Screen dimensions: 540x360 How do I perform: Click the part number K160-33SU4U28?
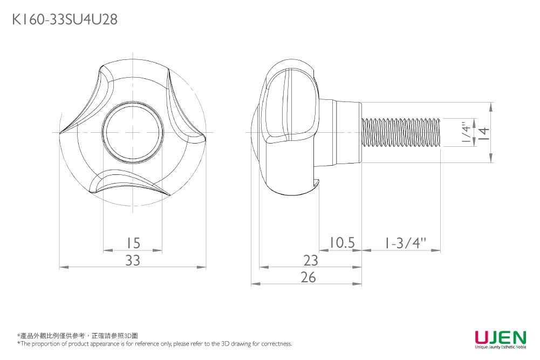click(65, 19)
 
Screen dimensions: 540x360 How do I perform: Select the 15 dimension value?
click(133, 243)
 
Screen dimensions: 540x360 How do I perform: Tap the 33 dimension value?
click(133, 261)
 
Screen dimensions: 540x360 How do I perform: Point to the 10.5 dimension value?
click(341, 242)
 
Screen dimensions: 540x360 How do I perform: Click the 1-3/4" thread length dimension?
click(405, 243)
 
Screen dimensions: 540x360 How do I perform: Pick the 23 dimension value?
click(311, 261)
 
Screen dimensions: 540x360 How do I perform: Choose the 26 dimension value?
click(308, 277)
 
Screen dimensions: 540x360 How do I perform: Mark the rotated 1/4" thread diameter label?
click(466, 132)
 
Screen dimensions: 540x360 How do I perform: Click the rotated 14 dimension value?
click(484, 132)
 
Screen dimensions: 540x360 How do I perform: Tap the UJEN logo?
click(501, 337)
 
